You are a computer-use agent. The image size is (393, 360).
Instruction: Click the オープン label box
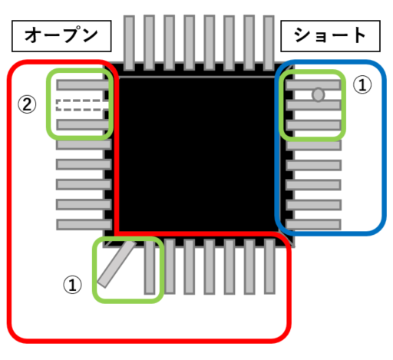[x=61, y=36]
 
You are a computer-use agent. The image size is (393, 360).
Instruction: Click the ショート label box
[x=330, y=36]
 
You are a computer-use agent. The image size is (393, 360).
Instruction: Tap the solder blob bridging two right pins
[x=318, y=94]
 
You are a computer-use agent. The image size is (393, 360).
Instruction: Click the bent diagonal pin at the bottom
[x=117, y=264]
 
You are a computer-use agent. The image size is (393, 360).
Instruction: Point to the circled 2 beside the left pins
[x=27, y=104]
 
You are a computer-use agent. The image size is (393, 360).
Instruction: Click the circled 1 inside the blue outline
[x=362, y=84]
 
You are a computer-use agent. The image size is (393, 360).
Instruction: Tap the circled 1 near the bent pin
[x=72, y=284]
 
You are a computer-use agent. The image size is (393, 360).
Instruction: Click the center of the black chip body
[x=197, y=154]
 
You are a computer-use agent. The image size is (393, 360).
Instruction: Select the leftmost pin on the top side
[x=129, y=43]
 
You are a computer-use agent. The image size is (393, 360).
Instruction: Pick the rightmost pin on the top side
[x=269, y=43]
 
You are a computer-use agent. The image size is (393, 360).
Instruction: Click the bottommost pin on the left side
[x=84, y=225]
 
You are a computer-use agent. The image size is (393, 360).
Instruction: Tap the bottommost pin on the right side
[x=313, y=225]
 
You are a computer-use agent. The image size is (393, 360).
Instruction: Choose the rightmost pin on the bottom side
[x=269, y=266]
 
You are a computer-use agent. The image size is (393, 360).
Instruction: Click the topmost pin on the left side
[x=83, y=84]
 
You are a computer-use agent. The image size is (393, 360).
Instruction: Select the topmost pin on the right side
[x=313, y=84]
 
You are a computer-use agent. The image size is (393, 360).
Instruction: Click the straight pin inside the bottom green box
[x=150, y=267]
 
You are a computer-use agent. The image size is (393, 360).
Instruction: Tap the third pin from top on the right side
[x=313, y=125]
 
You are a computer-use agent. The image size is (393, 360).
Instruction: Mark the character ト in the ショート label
[x=359, y=35]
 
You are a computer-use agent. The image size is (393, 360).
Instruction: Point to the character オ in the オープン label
[x=33, y=35]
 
